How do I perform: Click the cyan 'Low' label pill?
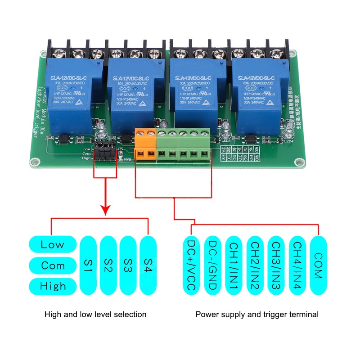53,245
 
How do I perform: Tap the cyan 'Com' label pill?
53,265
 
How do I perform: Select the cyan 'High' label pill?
53,286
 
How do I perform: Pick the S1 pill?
88,265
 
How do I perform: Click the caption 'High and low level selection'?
95,315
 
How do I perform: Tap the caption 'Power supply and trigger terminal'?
257,315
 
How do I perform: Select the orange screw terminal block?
146,144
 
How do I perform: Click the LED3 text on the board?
225,141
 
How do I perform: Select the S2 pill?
108,265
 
